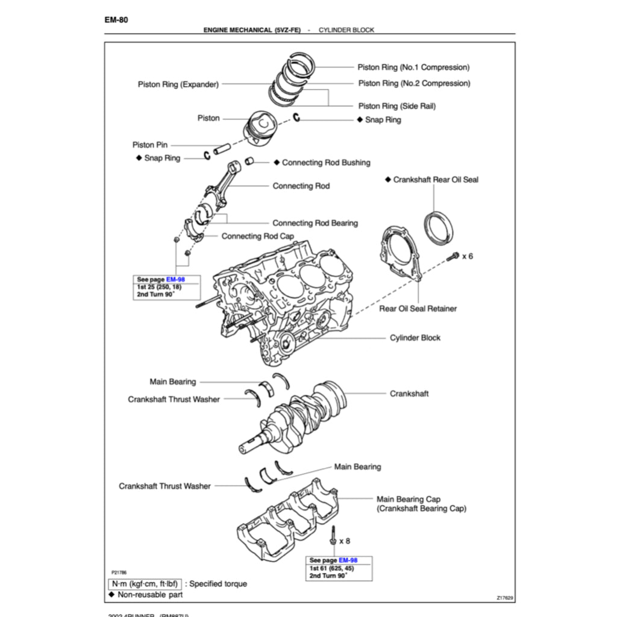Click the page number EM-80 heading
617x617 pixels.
tap(116, 19)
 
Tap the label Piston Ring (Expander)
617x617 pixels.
tap(178, 84)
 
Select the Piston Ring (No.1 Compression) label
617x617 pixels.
tap(413, 67)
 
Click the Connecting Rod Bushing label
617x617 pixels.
tap(326, 163)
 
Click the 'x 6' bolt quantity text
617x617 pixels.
tap(468, 256)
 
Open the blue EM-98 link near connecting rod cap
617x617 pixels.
tap(176, 280)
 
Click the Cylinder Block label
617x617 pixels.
tap(415, 338)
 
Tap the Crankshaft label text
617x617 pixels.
tap(409, 393)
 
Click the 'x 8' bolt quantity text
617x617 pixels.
tap(345, 541)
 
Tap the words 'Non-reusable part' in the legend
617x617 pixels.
tap(150, 595)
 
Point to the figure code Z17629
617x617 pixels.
tap(505, 598)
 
